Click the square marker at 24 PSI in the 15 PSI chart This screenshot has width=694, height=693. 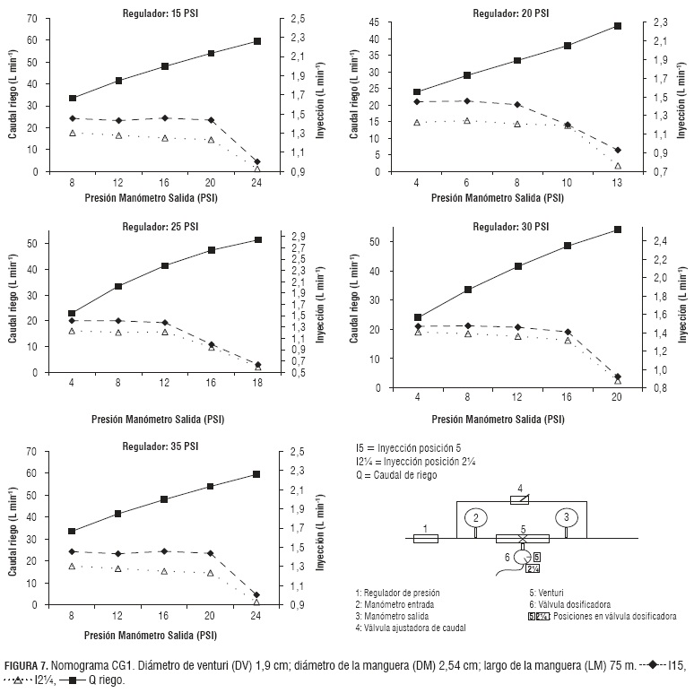coord(257,41)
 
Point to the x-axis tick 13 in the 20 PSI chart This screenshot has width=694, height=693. coord(618,183)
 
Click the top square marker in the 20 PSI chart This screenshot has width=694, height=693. coord(618,26)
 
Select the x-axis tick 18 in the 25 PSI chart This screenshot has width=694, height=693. coord(258,384)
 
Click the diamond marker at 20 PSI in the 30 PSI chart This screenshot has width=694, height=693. coord(618,377)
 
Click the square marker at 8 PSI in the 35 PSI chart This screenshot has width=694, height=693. coord(72,532)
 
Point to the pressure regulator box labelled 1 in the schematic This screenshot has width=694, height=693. coord(425,539)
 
